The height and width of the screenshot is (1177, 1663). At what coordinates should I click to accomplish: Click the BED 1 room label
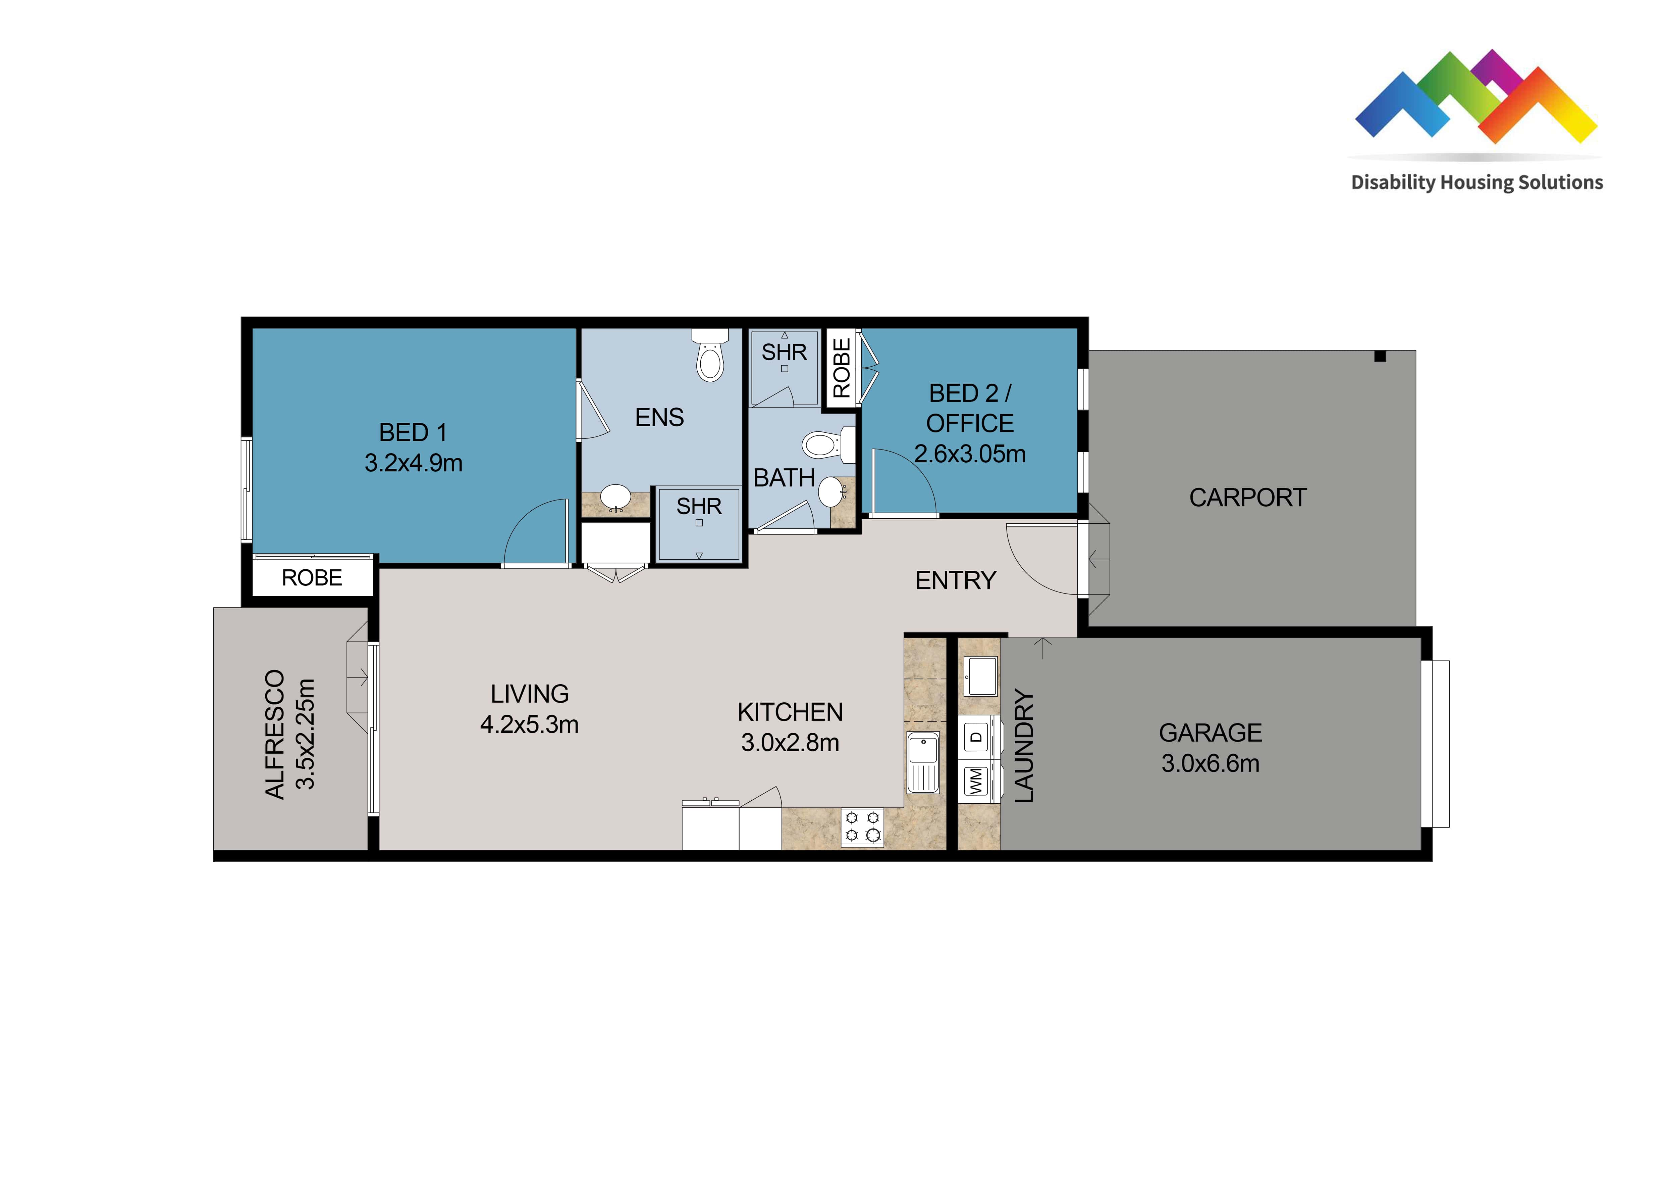click(413, 433)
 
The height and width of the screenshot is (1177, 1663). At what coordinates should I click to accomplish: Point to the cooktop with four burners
click(863, 827)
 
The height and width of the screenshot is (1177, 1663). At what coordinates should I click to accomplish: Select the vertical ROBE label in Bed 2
click(841, 368)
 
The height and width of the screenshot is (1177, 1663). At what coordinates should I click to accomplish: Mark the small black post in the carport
click(1380, 356)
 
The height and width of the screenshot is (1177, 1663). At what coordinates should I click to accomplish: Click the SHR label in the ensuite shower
click(699, 506)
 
